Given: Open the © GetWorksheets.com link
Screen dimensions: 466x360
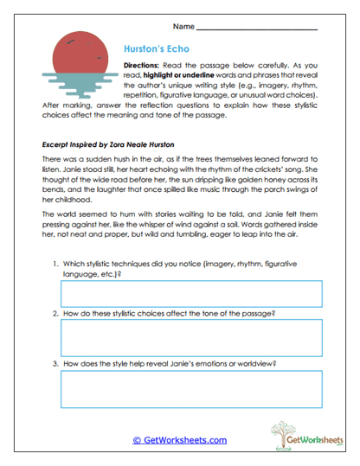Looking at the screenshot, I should (x=179, y=439).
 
